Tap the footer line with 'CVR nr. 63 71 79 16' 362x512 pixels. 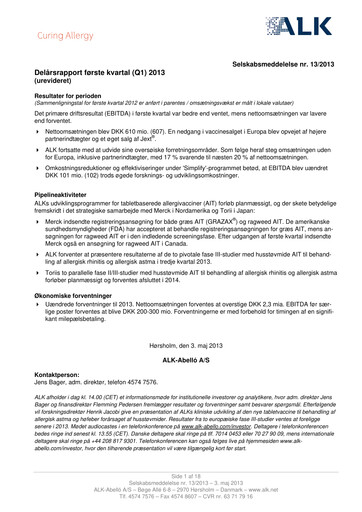(x=180, y=498)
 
